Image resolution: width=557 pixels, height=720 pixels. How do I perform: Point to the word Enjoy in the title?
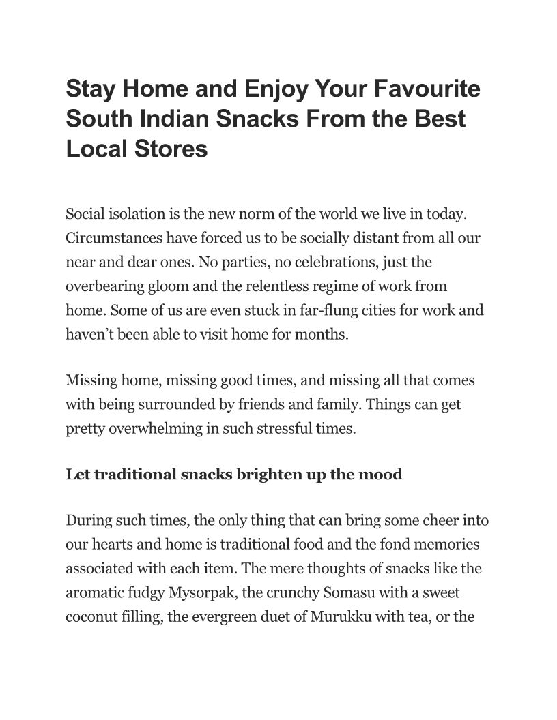pos(272,89)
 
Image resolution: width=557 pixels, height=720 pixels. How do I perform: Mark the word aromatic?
pos(93,593)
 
